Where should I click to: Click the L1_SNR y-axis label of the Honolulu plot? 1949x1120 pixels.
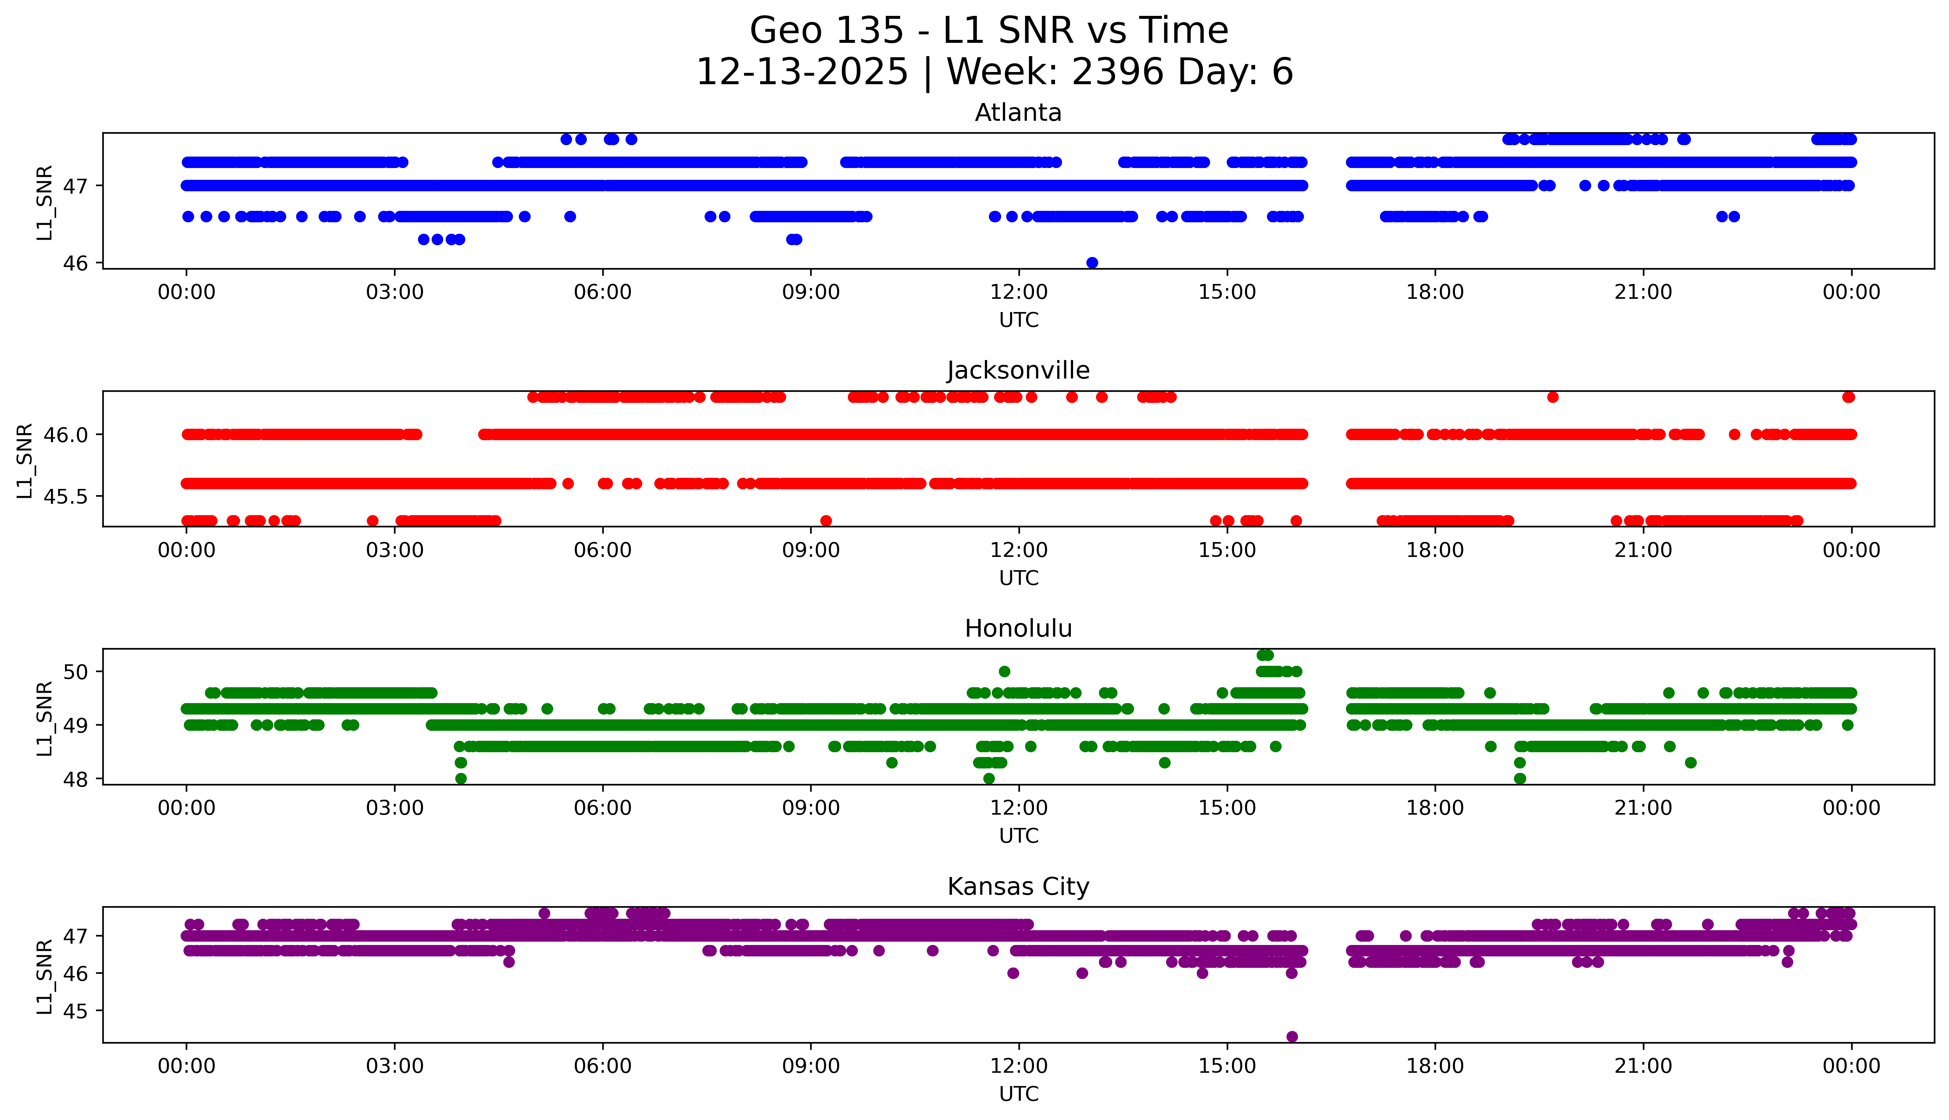tap(45, 719)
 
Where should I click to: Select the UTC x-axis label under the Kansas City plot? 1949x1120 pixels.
tap(1018, 1094)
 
